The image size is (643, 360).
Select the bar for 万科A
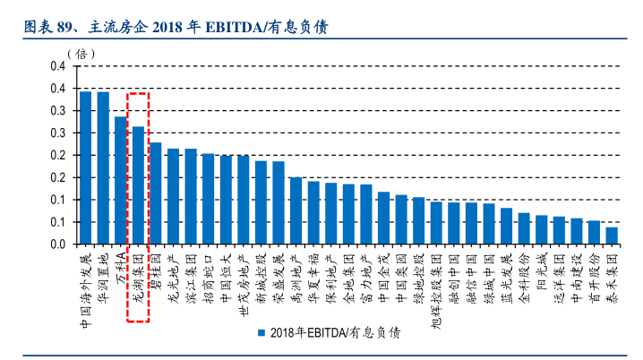[121, 180]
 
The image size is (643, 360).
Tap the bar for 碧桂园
[156, 193]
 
